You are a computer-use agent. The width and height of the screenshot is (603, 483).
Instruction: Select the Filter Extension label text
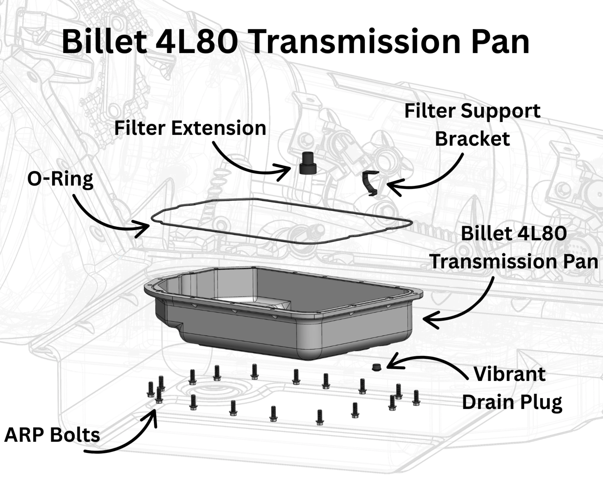click(190, 128)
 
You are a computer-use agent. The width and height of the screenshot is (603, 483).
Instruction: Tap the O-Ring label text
click(60, 179)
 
